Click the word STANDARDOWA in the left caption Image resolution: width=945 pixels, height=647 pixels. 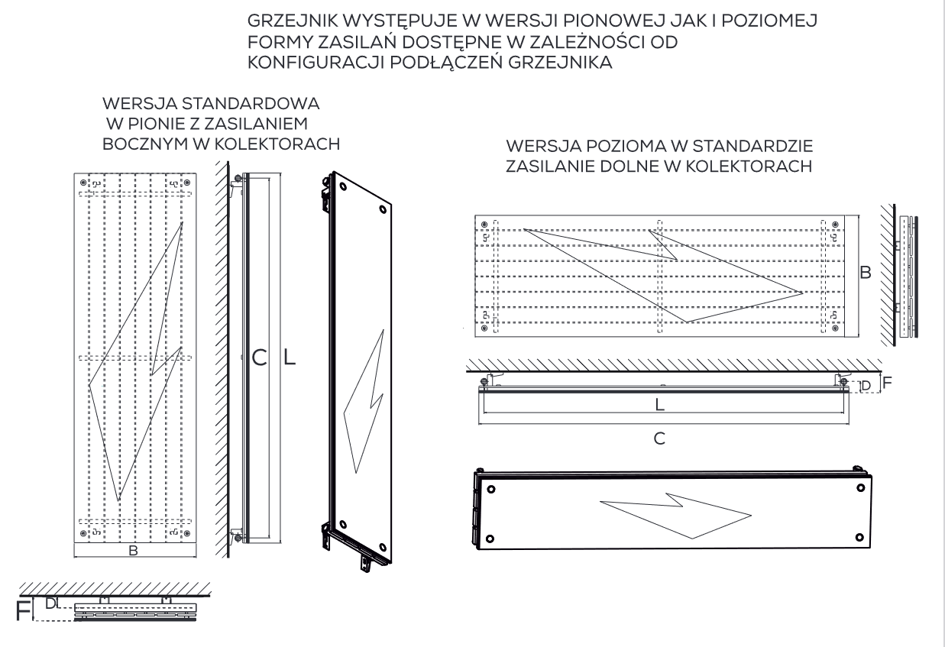pos(250,104)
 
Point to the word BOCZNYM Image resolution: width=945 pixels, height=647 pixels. pos(144,144)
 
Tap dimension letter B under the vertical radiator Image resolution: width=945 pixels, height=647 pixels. pos(134,551)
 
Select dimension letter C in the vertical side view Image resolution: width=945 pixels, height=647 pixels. pos(260,357)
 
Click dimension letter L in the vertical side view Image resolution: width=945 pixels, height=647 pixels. pos(289,357)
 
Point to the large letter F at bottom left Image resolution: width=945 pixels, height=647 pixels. pos(24,611)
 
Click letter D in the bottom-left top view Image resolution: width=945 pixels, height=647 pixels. pos(50,603)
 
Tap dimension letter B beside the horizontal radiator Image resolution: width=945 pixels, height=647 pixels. pos(866,273)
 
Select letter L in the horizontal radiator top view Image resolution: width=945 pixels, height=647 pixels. pos(660,406)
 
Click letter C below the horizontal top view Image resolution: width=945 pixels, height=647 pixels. pos(659,438)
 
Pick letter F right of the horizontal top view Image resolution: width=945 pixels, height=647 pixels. pos(887,383)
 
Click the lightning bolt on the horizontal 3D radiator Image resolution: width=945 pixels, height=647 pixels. pos(675,516)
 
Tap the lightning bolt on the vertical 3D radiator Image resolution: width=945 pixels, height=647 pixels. pos(364,401)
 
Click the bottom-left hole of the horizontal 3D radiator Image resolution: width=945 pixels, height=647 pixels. pos(490,539)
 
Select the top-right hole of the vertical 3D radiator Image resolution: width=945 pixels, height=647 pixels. pos(383,209)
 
